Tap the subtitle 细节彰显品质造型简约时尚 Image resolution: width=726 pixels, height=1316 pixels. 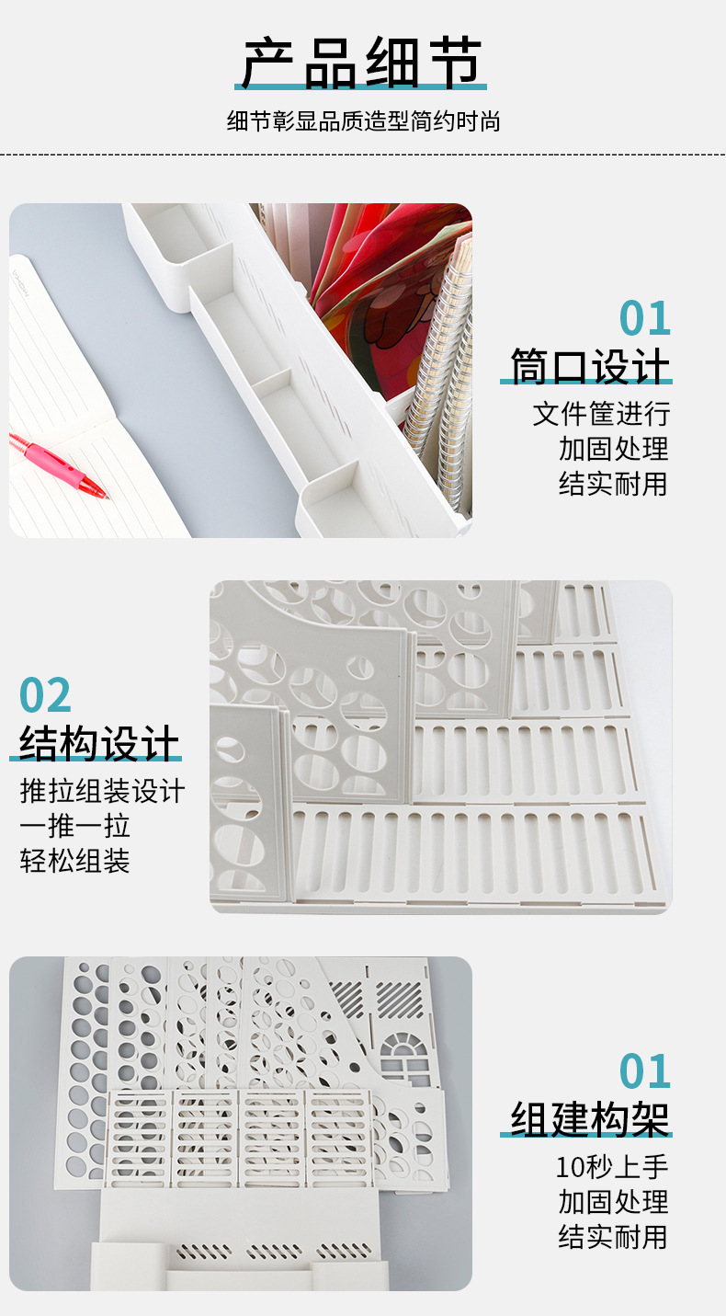tap(363, 121)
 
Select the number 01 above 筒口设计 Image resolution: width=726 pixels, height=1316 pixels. tap(644, 318)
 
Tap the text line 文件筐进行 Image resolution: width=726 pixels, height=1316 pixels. tap(602, 414)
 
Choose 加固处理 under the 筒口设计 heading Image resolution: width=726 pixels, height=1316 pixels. tap(613, 449)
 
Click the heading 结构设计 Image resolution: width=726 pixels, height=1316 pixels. tap(98, 743)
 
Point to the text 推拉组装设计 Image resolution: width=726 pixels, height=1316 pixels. tap(102, 791)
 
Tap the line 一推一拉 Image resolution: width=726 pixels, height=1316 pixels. tap(74, 826)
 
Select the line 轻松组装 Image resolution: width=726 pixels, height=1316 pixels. tap(74, 861)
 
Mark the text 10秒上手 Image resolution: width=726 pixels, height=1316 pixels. tap(611, 1167)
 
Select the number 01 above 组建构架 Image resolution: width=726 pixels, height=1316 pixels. tap(644, 1071)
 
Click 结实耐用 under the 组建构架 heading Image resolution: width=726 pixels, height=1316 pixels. tap(613, 1237)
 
